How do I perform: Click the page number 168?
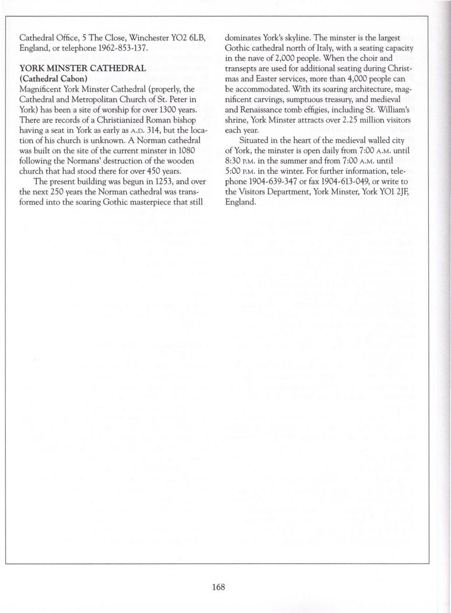(219, 587)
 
